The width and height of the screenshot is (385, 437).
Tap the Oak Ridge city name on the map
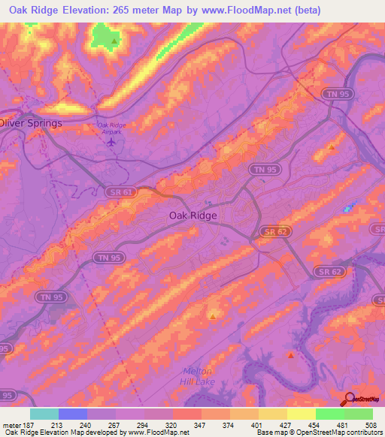coord(192,215)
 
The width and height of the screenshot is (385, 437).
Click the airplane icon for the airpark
coord(113,140)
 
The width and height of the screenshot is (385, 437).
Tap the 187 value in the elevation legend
coord(30,423)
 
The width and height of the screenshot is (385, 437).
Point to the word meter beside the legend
coord(11,423)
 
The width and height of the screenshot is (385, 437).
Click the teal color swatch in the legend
coord(44,414)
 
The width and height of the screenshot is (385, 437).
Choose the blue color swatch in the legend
coord(73,414)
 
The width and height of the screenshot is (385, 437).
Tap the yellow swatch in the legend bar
coord(302,414)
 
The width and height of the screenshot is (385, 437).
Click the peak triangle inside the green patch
coord(114,41)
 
